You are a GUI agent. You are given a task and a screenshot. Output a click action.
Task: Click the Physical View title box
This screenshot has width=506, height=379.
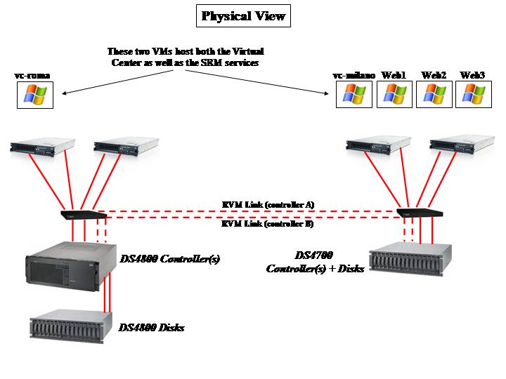243,15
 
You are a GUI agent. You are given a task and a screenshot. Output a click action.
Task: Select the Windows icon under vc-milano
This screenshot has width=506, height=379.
353,94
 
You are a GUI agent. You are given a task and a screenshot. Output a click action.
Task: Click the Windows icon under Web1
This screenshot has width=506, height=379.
394,94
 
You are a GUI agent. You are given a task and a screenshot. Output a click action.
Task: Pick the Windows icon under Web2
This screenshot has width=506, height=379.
434,94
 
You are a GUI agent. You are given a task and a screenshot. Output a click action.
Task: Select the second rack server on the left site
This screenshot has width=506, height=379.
124,147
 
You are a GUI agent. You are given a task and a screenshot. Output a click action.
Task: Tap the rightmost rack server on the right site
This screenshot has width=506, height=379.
460,146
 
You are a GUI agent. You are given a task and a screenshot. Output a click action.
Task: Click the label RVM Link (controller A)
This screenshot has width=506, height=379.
267,204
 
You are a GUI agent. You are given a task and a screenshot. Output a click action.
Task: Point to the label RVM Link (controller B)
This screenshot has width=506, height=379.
267,225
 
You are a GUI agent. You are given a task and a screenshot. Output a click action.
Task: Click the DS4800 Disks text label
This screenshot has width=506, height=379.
152,327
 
